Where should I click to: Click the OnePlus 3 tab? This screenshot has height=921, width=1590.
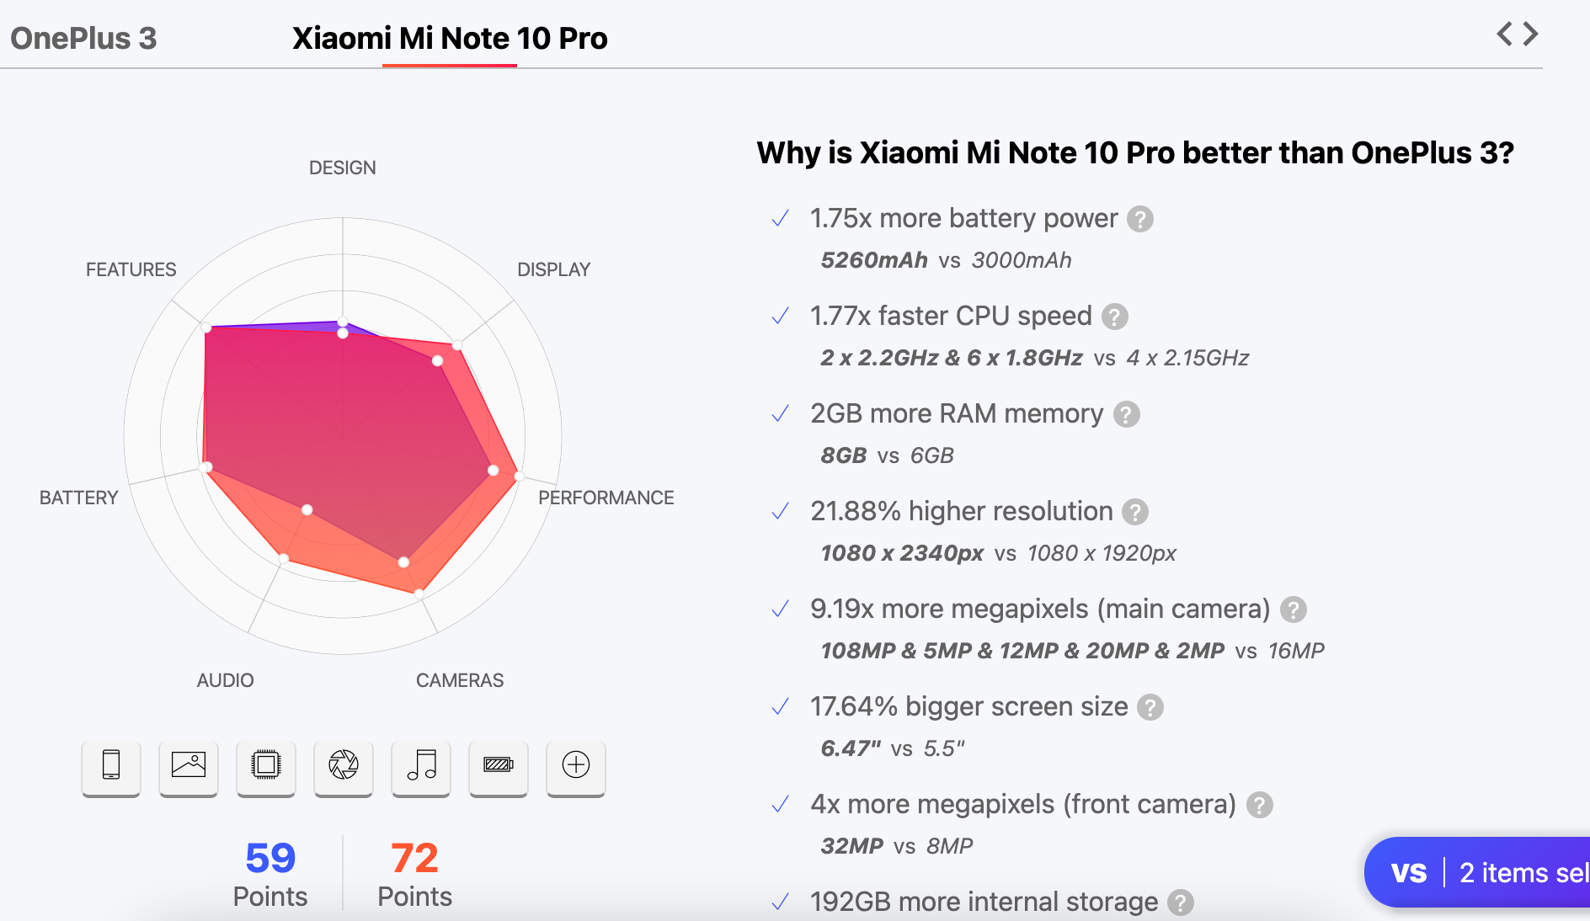pyautogui.click(x=83, y=39)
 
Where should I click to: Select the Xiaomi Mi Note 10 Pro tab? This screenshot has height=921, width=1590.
pyautogui.click(x=450, y=39)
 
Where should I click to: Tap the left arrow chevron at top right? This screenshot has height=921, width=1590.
pyautogui.click(x=1504, y=34)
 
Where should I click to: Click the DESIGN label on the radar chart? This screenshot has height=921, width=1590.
pyautogui.click(x=342, y=168)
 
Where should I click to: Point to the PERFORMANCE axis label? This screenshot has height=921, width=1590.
pyautogui.click(x=606, y=498)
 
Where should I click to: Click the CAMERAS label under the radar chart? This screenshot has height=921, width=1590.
pyautogui.click(x=459, y=680)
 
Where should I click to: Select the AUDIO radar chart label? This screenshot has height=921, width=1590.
pyautogui.click(x=225, y=680)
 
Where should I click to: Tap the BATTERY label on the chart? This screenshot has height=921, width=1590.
pyautogui.click(x=78, y=498)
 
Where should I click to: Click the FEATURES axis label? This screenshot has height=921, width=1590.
pyautogui.click(x=131, y=269)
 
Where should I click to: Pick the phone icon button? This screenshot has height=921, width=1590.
pyautogui.click(x=111, y=765)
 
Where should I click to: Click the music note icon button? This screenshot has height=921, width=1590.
pyautogui.click(x=421, y=765)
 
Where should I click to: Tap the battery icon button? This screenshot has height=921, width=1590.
pyautogui.click(x=499, y=765)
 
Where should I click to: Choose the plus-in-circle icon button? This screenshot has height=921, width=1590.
pyautogui.click(x=576, y=765)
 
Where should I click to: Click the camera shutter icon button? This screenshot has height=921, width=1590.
pyautogui.click(x=344, y=765)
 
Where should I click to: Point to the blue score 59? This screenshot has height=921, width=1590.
pyautogui.click(x=270, y=859)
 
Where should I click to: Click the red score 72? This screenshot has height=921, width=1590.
pyautogui.click(x=414, y=859)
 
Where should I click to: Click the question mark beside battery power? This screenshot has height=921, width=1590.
pyautogui.click(x=1140, y=219)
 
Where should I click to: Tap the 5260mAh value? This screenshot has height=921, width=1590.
pyautogui.click(x=874, y=260)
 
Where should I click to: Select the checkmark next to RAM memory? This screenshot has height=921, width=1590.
pyautogui.click(x=781, y=413)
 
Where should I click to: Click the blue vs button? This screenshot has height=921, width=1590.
pyautogui.click(x=1408, y=873)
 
